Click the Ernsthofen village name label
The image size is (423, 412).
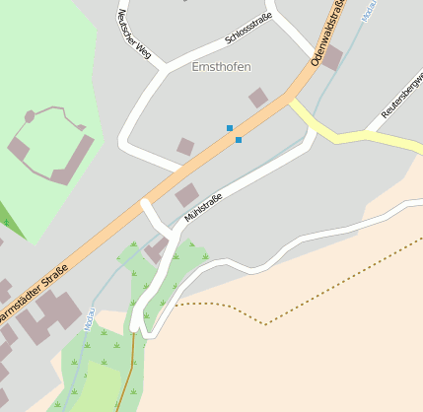click(221, 67)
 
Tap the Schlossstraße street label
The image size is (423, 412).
click(247, 29)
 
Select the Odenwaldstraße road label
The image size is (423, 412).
click(328, 34)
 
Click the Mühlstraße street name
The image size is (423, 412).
click(203, 207)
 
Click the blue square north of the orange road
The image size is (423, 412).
click(230, 128)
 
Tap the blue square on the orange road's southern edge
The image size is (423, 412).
click(239, 140)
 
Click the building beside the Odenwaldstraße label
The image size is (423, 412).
click(332, 57)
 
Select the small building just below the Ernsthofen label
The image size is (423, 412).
click(257, 97)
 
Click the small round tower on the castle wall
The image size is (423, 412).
click(30, 116)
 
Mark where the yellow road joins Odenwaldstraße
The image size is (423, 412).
click(292, 100)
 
